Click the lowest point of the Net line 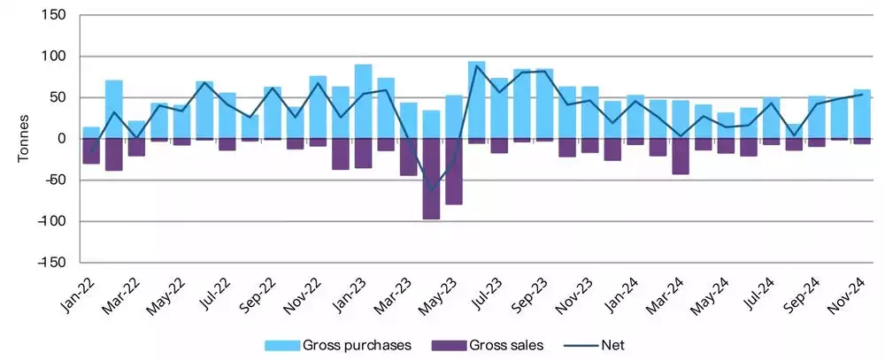432,190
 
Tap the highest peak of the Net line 477,65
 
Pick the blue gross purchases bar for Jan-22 91,133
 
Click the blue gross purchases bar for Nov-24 862,114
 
